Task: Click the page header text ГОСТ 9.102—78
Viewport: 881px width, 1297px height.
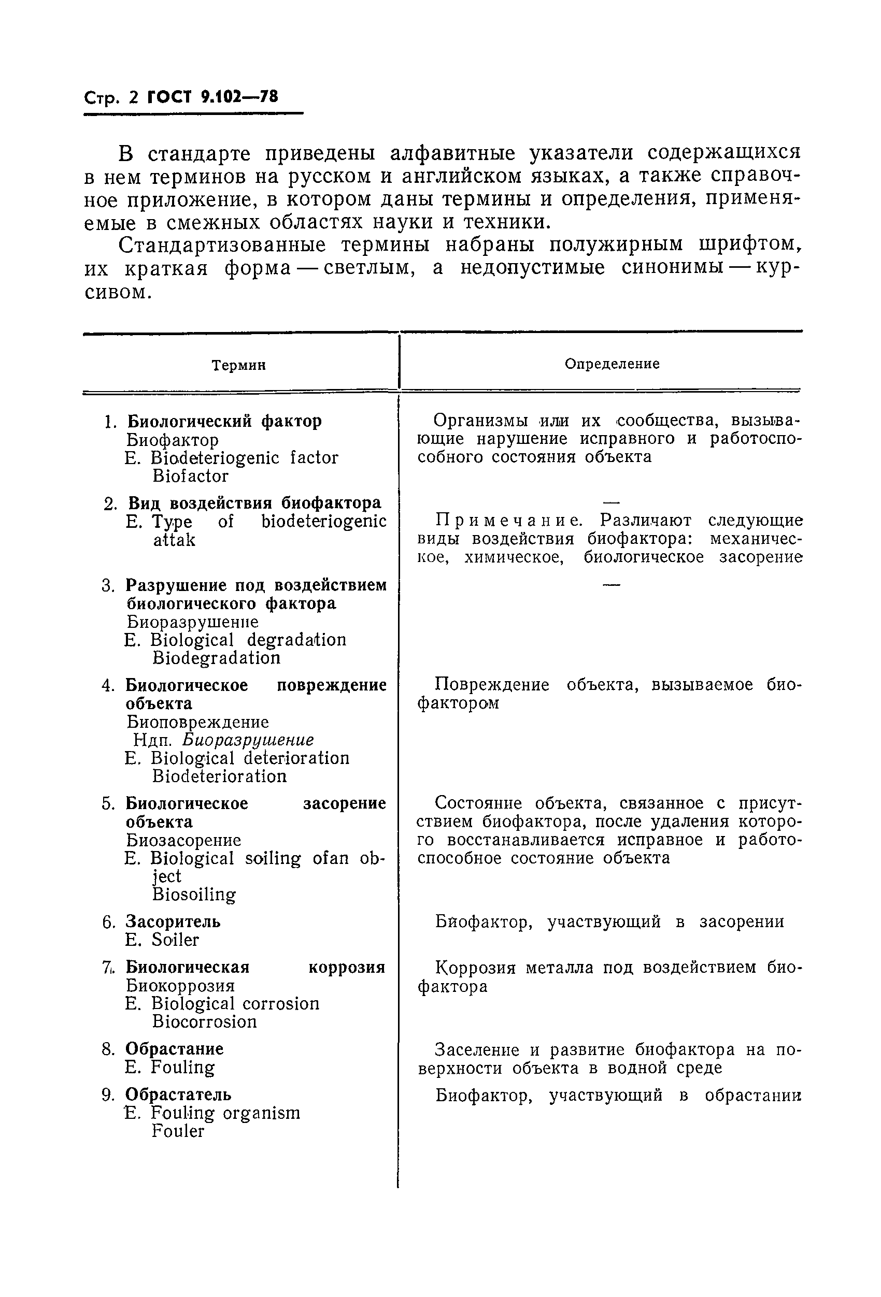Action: [x=212, y=97]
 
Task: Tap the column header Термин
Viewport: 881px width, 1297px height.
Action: [x=238, y=366]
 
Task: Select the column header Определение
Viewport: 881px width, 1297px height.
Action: [x=612, y=364]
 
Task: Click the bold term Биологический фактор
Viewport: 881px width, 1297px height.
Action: [x=224, y=421]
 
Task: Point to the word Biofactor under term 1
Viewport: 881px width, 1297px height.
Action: [x=190, y=476]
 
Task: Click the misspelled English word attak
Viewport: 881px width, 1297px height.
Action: [x=174, y=540]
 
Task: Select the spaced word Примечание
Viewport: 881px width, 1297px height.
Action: [x=508, y=520]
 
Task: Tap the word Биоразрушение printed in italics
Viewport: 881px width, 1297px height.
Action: [x=248, y=740]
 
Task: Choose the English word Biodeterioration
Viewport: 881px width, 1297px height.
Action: [x=219, y=776]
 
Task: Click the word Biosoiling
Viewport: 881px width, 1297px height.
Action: [x=194, y=895]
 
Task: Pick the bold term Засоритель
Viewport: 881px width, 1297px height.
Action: [x=173, y=922]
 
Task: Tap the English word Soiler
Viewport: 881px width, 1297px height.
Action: [x=175, y=941]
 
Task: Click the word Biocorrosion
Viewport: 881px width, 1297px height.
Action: [x=204, y=1022]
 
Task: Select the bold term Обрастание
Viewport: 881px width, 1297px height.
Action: [x=174, y=1049]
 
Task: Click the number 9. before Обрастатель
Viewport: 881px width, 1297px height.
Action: [x=108, y=1095]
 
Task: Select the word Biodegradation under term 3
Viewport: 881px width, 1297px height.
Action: [x=216, y=658]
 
